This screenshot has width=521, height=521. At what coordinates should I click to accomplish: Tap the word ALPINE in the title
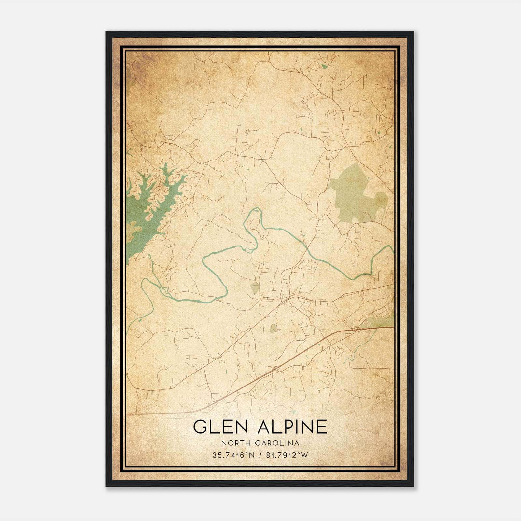(x=292, y=427)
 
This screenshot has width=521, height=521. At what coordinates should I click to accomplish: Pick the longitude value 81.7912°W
(x=287, y=455)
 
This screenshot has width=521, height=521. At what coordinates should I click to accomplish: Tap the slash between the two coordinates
(x=259, y=455)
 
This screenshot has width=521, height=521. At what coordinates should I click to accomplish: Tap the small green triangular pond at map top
(x=323, y=66)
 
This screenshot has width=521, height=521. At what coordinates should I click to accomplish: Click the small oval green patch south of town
(x=274, y=328)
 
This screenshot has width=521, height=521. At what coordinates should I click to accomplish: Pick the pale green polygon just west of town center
(x=255, y=288)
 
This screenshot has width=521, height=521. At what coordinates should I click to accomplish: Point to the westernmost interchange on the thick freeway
(x=277, y=368)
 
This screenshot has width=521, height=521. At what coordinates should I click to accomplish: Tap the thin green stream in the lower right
(x=353, y=355)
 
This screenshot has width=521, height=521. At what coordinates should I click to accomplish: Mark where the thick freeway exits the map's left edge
(x=128, y=415)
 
